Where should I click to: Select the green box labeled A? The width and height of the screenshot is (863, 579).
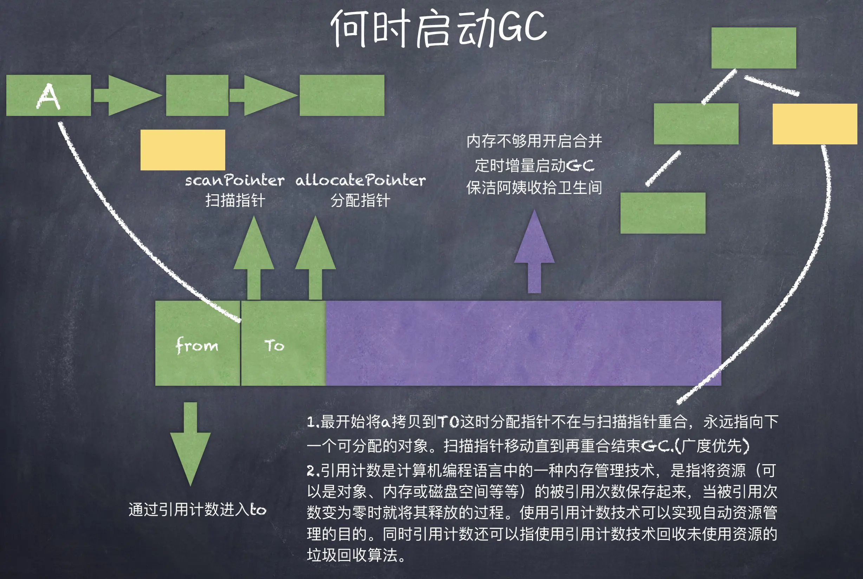[x=48, y=95]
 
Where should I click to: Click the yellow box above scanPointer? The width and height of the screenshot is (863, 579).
[x=182, y=150]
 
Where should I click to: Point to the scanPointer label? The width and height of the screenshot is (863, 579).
[x=234, y=181]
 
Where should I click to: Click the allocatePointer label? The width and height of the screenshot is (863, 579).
[x=361, y=181]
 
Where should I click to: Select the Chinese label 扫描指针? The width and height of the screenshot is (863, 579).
[x=235, y=201]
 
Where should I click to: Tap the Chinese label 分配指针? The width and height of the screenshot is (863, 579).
[x=360, y=201]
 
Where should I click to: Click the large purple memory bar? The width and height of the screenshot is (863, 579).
[x=523, y=343]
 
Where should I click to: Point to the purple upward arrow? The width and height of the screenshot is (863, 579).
[x=534, y=251]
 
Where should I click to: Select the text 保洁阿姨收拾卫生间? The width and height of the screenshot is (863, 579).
[x=534, y=188]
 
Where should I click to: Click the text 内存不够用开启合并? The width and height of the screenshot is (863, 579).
[x=534, y=141]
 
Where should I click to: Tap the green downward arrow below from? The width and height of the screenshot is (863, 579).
[x=190, y=443]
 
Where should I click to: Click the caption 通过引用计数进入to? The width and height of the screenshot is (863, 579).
[x=197, y=509]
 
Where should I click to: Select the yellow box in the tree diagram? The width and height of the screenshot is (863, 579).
[x=814, y=124]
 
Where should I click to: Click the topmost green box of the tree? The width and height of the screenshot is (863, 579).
[x=753, y=48]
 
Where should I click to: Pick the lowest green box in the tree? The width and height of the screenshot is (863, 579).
[x=662, y=213]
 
